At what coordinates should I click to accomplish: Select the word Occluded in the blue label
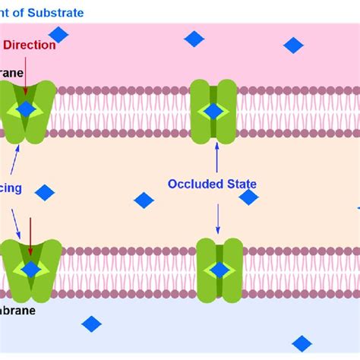point(194,184)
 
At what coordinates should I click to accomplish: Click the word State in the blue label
point(240,184)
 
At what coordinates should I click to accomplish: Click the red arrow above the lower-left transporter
point(30,235)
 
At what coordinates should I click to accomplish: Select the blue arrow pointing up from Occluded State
point(217,156)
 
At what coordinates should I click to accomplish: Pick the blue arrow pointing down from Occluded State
point(218,219)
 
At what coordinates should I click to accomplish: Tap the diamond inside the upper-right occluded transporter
point(213,111)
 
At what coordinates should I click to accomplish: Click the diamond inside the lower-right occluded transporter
point(219,270)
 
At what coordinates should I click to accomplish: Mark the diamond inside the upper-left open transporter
point(26,109)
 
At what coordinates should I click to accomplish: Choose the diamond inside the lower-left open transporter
point(31,269)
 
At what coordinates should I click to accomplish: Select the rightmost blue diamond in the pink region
point(293,46)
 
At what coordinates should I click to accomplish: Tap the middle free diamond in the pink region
point(194,39)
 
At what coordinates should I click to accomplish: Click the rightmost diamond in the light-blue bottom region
point(302,343)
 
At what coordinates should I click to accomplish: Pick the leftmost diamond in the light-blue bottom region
point(91,324)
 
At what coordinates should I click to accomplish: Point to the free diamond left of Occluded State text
point(144,200)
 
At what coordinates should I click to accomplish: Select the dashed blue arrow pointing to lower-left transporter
point(14,222)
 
